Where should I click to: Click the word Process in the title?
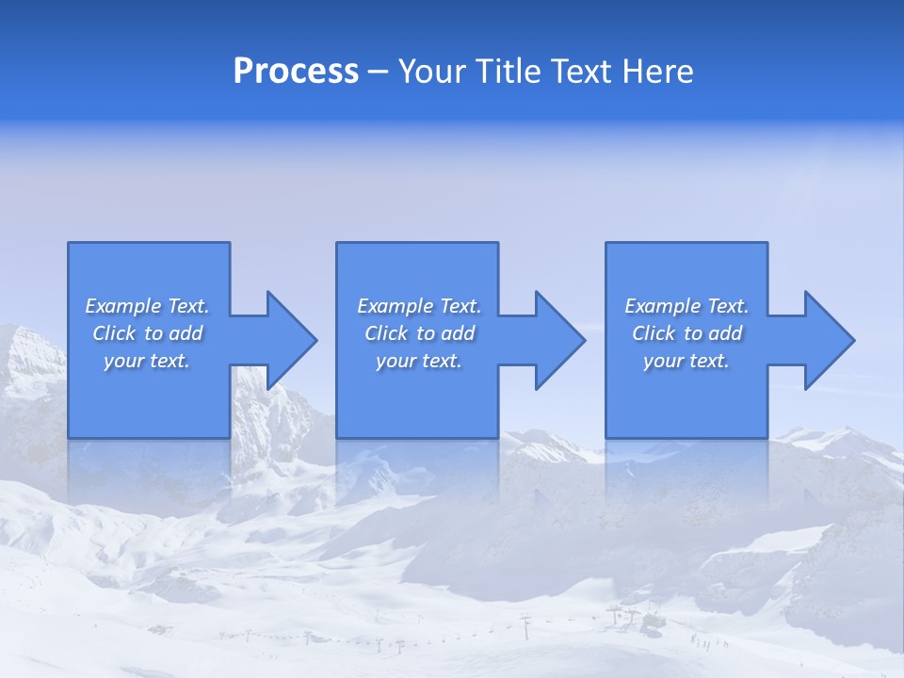(296, 72)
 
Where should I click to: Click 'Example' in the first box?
(122, 306)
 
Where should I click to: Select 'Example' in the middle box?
(395, 306)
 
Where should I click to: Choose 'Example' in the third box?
(662, 306)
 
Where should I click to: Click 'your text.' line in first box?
(147, 361)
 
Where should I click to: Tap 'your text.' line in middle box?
(419, 361)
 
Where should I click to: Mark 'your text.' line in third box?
(686, 361)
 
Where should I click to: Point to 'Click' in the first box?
(114, 333)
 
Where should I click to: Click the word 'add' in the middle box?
(458, 333)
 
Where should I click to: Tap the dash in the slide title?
(379, 72)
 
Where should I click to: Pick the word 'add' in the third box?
(725, 333)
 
